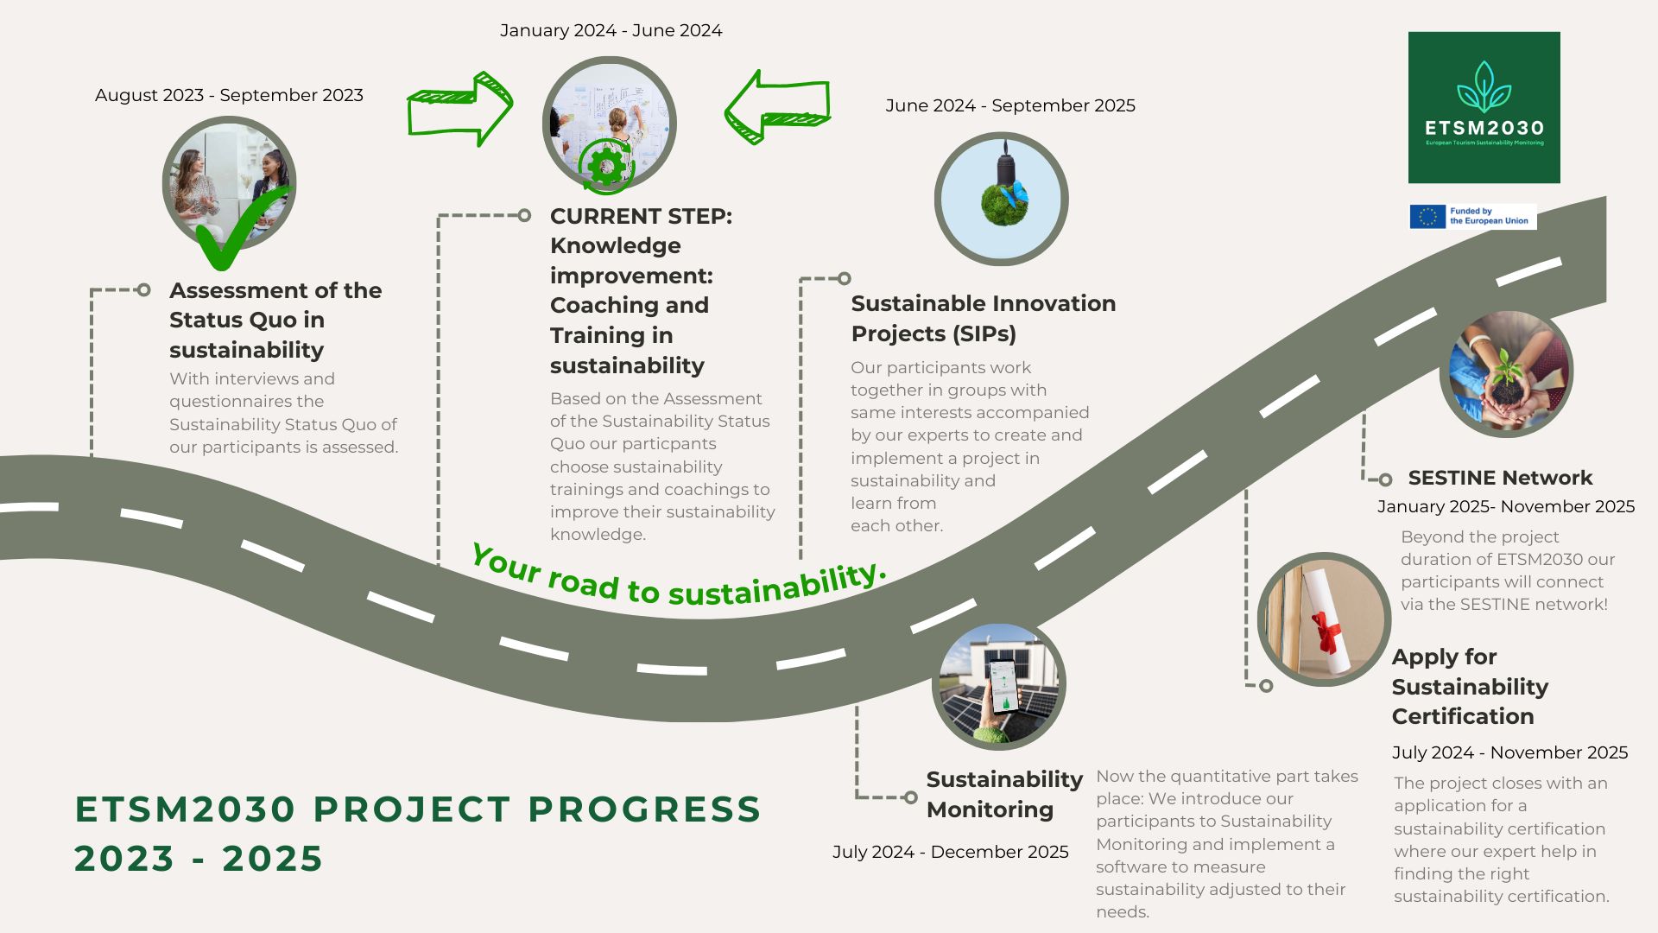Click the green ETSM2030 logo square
1484,107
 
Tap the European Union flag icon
1427,216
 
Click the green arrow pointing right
460,109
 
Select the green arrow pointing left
776,107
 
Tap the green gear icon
606,166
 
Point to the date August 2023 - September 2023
229,95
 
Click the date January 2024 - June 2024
611,30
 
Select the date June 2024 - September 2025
1009,105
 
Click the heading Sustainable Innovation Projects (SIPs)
983,318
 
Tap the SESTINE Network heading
1500,478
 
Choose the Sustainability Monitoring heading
1003,794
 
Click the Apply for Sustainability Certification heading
1470,687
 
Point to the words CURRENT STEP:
641,216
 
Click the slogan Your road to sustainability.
679,577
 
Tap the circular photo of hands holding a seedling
1506,371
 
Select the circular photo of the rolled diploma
1323,619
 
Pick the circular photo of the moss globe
1001,199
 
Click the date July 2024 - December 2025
950,852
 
